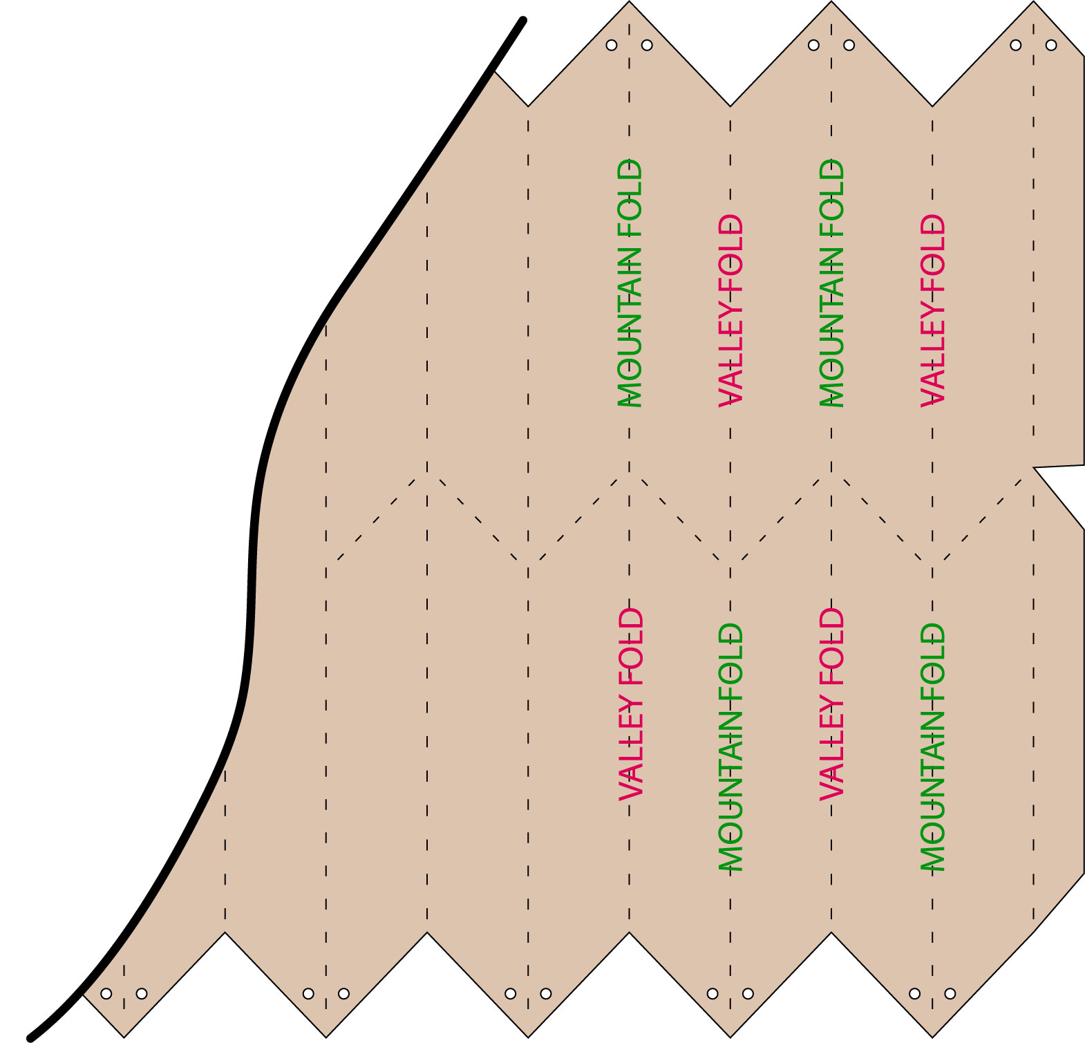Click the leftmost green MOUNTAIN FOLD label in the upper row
tap(630, 283)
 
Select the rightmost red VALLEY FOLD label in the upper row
tap(932, 310)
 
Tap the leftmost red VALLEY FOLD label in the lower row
tap(630, 704)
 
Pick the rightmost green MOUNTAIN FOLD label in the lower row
tap(932, 746)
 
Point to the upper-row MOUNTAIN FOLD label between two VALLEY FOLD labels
tap(831, 283)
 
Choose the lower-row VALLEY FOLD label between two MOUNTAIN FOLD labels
tap(831, 704)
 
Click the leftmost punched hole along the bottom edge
tap(106, 994)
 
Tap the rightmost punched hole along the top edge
tap(1051, 45)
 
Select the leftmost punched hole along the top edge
tap(612, 45)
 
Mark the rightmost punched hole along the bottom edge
tap(950, 994)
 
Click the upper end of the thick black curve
tap(523, 20)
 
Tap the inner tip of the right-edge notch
tap(1034, 468)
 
